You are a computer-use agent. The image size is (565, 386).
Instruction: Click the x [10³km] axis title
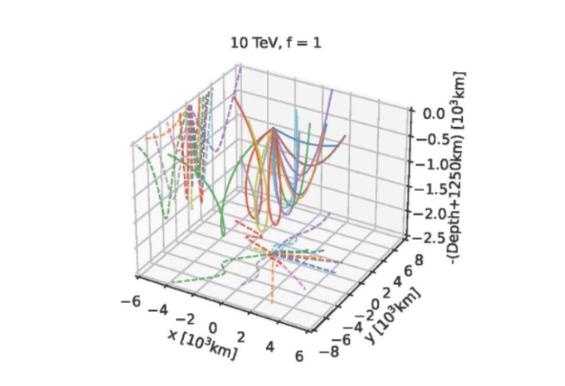point(202,342)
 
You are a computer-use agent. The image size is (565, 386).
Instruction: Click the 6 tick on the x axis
point(300,357)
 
